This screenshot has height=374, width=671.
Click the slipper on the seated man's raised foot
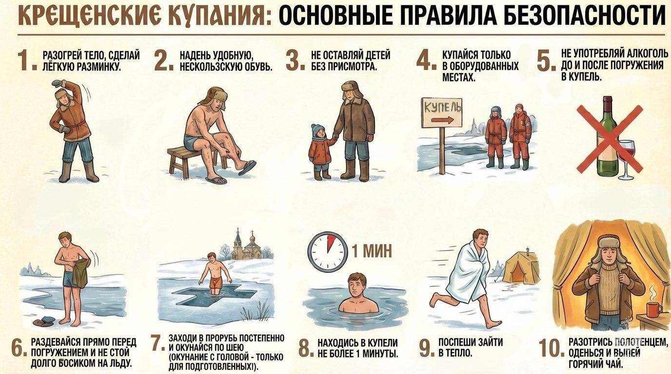click(x=247, y=168)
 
